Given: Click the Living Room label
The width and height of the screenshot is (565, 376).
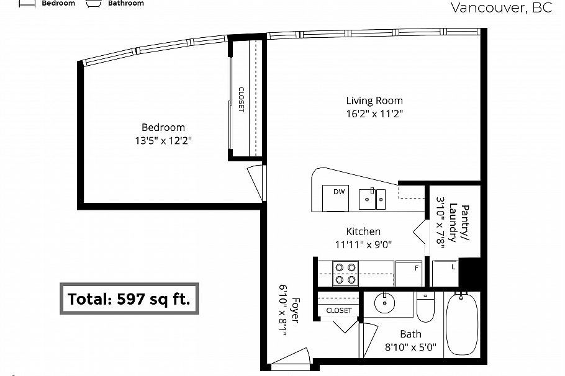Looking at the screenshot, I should point(374,101).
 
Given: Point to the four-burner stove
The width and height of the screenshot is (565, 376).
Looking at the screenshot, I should point(346,273).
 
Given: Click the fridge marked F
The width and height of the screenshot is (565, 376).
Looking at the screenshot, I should point(409,273).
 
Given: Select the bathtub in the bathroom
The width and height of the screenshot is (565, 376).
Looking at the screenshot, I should point(460,325).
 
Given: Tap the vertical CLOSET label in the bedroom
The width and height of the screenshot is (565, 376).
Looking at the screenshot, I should point(241,99).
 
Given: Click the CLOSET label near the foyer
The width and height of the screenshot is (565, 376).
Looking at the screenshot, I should point(338,310).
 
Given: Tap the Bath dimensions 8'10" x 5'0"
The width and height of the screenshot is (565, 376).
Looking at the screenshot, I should point(410,349).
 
